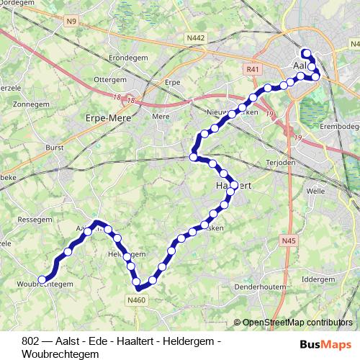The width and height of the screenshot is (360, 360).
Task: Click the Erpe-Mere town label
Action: (107, 117)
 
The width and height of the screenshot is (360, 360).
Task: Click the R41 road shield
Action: (251, 69)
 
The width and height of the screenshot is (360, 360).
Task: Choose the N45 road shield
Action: (289, 240)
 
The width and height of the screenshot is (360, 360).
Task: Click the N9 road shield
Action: (70, 22)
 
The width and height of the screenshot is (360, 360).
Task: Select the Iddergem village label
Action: (319, 279)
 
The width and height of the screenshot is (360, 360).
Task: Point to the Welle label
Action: (315, 192)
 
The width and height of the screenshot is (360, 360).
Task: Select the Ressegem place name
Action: (32, 218)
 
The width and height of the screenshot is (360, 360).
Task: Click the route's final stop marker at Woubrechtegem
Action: (42, 279)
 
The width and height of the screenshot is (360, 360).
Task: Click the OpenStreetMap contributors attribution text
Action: (297, 323)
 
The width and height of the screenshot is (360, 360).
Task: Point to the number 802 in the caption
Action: (31, 340)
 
